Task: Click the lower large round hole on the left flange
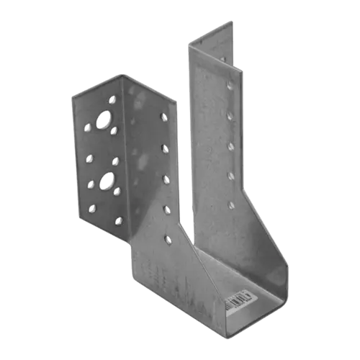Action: [x=107, y=179]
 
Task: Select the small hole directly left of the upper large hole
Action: [x=87, y=127]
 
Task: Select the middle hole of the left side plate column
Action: [x=166, y=178]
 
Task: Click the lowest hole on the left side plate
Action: [x=168, y=238]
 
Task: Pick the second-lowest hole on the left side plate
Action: [x=167, y=209]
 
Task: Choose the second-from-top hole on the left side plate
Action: [x=165, y=148]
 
